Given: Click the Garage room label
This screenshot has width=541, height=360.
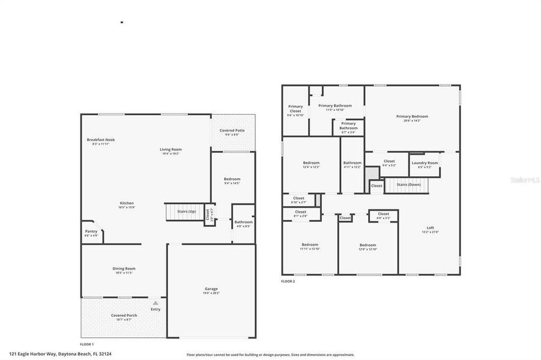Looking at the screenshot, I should pyautogui.click(x=211, y=289).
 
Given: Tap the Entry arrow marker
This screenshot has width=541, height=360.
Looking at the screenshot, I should pyautogui.click(x=156, y=304).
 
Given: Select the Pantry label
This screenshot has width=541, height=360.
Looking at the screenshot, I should pyautogui.click(x=91, y=231).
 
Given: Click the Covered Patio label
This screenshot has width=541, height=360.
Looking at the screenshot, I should pyautogui.click(x=232, y=130).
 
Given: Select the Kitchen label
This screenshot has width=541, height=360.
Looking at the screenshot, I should pyautogui.click(x=127, y=203).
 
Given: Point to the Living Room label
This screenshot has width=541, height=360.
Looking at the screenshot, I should pyautogui.click(x=171, y=149).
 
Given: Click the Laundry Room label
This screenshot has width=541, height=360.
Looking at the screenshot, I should pyautogui.click(x=424, y=163).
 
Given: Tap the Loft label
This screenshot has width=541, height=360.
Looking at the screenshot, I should pyautogui.click(x=430, y=227).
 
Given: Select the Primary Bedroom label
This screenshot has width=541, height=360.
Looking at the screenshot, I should pyautogui.click(x=412, y=116).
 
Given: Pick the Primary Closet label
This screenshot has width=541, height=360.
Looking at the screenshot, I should pyautogui.click(x=295, y=109).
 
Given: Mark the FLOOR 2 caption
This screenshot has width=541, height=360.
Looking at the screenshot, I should pyautogui.click(x=288, y=281).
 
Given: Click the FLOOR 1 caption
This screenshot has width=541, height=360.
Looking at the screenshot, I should pyautogui.click(x=87, y=344).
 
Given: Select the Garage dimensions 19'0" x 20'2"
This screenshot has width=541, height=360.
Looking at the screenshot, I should pyautogui.click(x=211, y=293).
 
